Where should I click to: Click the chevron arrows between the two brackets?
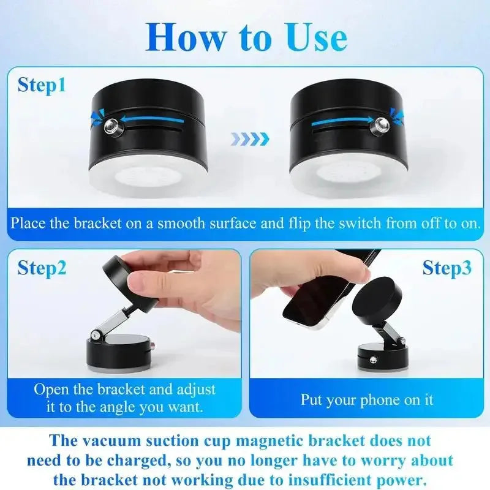pos(250,140)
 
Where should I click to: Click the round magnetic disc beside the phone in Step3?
pos(374,300)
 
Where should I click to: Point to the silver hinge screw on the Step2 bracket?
pos(96,334)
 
